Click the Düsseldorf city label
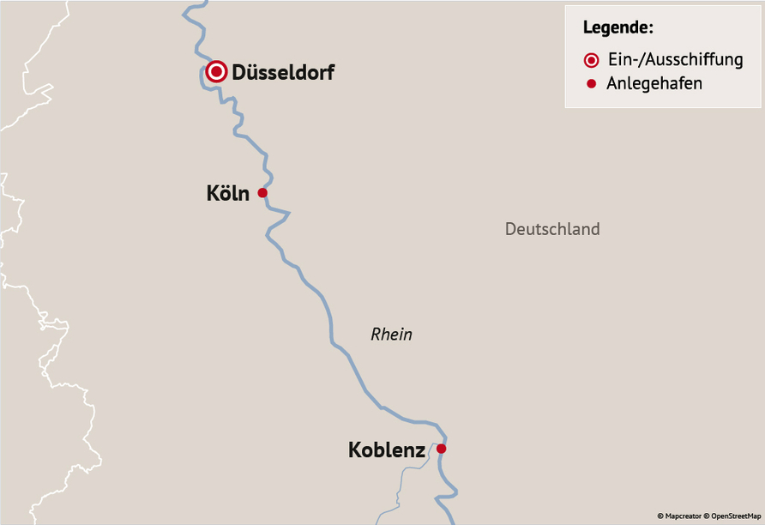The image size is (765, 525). [283, 73]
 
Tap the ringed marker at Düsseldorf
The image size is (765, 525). [217, 72]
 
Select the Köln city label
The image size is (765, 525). [228, 194]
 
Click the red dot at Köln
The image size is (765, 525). [262, 193]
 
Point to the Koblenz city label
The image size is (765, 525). [387, 450]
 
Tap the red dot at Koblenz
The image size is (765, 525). [441, 449]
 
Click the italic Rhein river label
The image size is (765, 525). [391, 335]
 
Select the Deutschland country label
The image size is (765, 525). [552, 229]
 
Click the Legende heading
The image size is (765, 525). [617, 27]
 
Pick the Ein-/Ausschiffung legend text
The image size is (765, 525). [674, 60]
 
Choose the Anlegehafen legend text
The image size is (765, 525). [654, 84]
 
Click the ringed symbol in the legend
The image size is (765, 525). [591, 60]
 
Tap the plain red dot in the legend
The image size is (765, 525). [591, 84]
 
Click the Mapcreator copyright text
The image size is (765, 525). [678, 516]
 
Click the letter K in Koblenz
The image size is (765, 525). [355, 450]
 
